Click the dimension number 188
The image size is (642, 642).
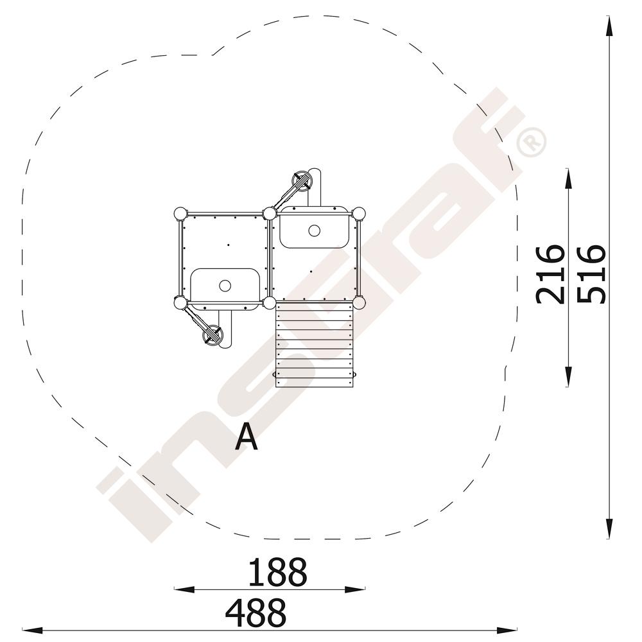(277, 572)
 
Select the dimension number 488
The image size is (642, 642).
(256, 612)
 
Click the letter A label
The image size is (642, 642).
(247, 437)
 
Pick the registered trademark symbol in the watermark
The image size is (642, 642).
(531, 142)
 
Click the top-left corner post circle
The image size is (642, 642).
(180, 214)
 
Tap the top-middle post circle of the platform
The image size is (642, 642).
(270, 213)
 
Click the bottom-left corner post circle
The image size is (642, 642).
(180, 303)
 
